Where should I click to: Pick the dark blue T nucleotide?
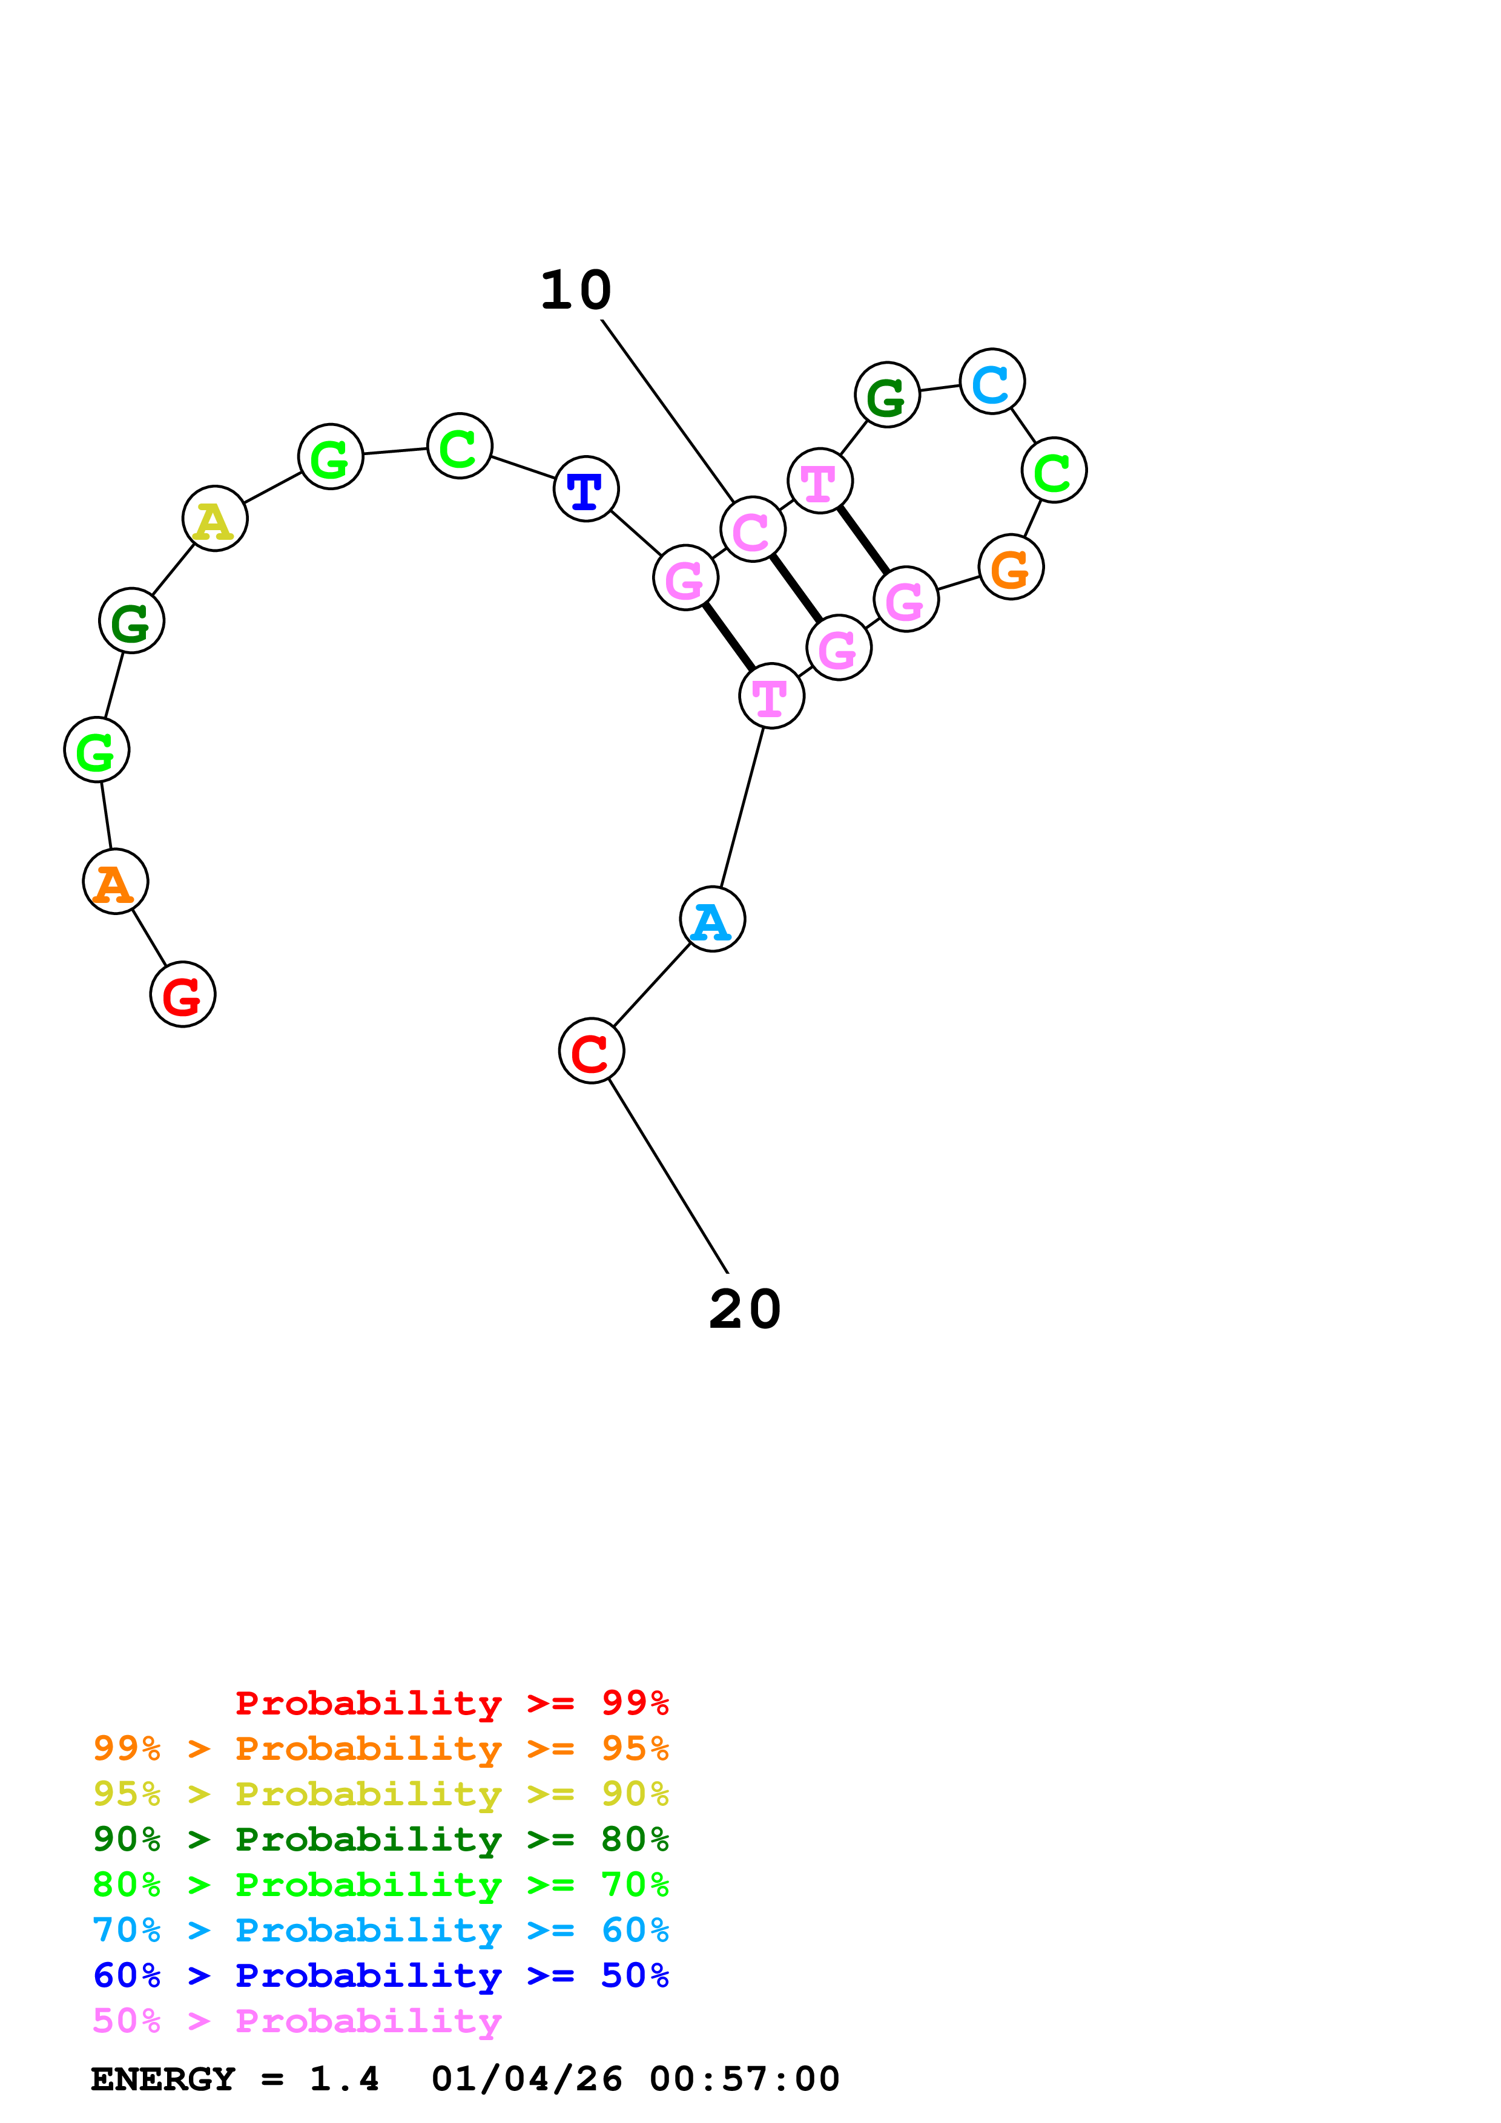point(586,488)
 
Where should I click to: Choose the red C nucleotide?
point(591,1051)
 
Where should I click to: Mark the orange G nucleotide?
point(1011,567)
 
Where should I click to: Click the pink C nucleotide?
point(753,529)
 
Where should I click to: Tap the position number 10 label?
point(575,290)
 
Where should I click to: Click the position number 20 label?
point(745,1308)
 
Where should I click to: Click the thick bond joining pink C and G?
point(796,588)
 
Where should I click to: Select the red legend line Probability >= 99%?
point(451,1702)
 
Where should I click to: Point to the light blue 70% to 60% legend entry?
point(380,1930)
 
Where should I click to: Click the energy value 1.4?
point(344,2079)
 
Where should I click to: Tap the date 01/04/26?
point(526,2079)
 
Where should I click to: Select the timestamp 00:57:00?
point(744,2079)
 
